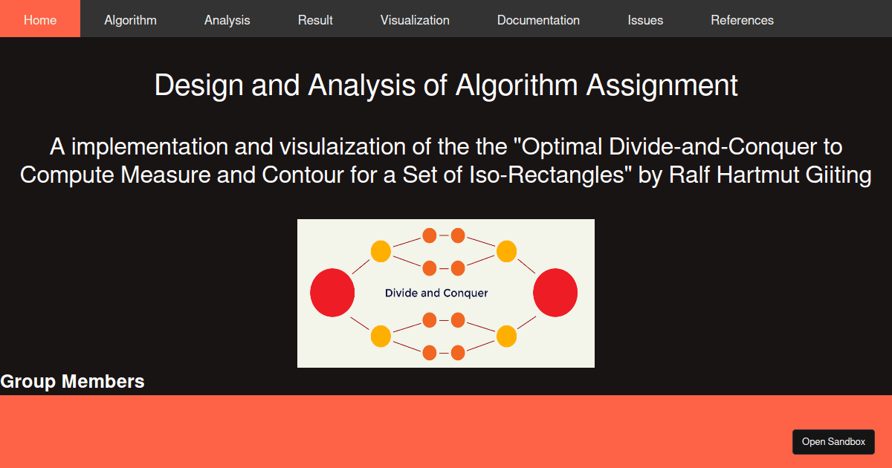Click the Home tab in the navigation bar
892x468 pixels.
coord(40,20)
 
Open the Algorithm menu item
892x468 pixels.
coord(130,20)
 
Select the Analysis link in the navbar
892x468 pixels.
coord(227,20)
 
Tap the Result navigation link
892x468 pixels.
coord(315,20)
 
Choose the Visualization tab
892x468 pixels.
coord(415,20)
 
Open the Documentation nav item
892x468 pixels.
coord(538,20)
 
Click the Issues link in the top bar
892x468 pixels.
coord(645,20)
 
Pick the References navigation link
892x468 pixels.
coord(742,20)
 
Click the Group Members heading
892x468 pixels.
coord(72,382)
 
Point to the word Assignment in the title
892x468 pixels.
coord(662,85)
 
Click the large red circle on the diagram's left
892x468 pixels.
coord(332,293)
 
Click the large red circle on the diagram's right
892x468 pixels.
coord(555,293)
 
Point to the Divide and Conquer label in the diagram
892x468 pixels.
coord(436,293)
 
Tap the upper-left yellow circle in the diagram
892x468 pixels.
coord(381,251)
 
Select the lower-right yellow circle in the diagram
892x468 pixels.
coord(506,337)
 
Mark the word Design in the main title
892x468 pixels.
coord(199,85)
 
